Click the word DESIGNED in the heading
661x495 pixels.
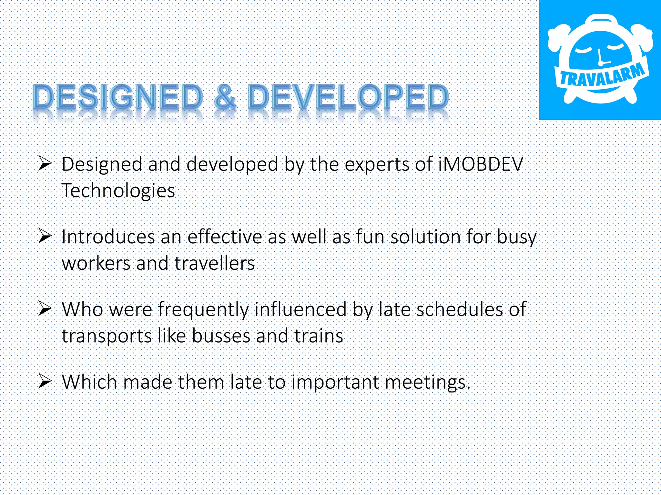click(118, 97)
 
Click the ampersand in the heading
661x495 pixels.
click(225, 97)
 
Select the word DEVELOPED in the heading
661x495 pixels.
click(348, 97)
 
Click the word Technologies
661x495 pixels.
click(118, 190)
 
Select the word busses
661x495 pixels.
click(221, 336)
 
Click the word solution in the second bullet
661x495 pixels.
click(425, 237)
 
